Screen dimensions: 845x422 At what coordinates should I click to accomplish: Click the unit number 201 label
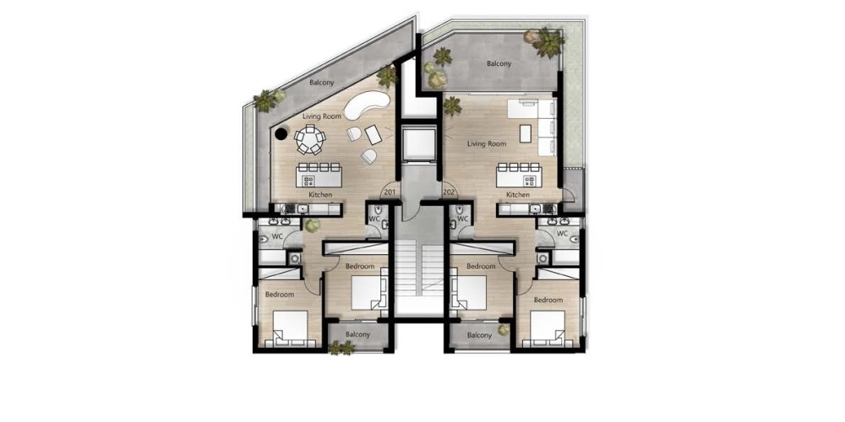tap(390, 192)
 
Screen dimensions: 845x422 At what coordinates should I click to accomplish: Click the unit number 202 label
tap(449, 192)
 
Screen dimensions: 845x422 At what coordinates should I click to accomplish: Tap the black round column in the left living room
tap(281, 134)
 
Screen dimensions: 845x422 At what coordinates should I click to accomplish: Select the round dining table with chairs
tap(310, 139)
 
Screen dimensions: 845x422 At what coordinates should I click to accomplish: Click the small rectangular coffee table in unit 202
tap(526, 133)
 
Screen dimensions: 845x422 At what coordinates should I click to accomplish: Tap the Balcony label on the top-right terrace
tap(499, 63)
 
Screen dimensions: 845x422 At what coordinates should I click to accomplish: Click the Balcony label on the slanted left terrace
tap(322, 83)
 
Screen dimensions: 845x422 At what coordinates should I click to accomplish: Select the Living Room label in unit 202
tap(487, 143)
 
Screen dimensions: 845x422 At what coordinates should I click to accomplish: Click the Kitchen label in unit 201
tap(320, 194)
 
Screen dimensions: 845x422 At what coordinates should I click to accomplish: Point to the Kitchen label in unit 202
tap(518, 194)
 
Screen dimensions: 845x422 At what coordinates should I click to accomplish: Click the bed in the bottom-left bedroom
tap(290, 327)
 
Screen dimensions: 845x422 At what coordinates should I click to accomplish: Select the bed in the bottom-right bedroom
tap(548, 327)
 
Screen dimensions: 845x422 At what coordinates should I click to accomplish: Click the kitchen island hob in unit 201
tap(309, 181)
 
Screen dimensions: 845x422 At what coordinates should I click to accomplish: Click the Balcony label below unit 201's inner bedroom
tap(357, 334)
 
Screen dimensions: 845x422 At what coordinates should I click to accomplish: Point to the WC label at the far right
tap(562, 234)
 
